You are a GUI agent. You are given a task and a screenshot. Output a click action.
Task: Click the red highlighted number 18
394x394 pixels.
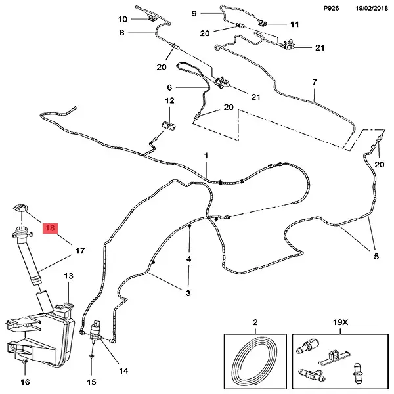point(51,228)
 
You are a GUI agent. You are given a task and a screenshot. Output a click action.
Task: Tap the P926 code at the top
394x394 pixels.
point(331,9)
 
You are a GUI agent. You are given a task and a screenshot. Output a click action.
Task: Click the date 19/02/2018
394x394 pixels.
point(372,9)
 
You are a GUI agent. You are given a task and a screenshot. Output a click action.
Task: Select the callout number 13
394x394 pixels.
point(68,276)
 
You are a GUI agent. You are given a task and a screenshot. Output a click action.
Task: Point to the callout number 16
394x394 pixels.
point(25,382)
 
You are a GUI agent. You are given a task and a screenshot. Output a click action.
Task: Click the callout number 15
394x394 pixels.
point(92,382)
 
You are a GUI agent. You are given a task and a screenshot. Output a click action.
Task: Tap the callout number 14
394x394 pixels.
point(123,370)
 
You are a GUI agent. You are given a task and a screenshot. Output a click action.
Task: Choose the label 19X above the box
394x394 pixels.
point(340,322)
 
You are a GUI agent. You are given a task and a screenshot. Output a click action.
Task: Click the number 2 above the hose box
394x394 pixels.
point(255,322)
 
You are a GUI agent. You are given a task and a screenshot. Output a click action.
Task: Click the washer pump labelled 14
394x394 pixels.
point(95,331)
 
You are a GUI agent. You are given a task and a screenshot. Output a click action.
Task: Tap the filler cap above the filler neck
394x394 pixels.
point(20,208)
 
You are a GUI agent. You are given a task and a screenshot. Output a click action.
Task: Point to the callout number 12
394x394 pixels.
point(169,100)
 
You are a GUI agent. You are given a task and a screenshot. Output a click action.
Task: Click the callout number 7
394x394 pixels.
point(315,82)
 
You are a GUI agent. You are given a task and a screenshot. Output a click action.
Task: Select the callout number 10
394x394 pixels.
point(123,19)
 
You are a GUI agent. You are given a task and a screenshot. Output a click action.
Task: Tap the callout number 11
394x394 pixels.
point(294,24)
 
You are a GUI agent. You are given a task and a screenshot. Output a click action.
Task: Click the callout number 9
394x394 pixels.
point(194,13)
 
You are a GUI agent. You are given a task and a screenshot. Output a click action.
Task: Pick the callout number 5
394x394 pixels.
point(376,257)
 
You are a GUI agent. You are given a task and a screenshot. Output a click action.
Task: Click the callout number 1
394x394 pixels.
point(206,156)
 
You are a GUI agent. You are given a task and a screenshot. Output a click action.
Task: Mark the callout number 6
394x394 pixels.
point(169,87)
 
